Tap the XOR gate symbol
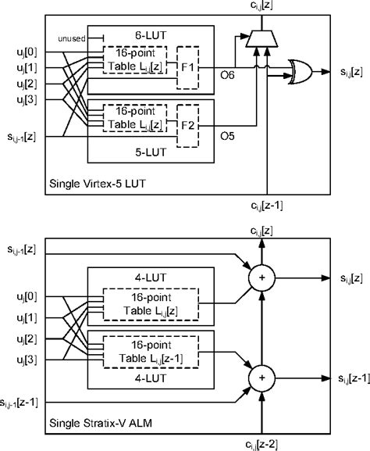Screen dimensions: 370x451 [301, 72]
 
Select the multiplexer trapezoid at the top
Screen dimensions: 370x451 [261, 39]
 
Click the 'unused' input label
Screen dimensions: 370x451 [72, 38]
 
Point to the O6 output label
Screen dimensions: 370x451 [227, 75]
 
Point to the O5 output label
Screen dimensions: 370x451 [227, 136]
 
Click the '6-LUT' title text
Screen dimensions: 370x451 [151, 35]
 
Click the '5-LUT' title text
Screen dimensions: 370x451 [151, 152]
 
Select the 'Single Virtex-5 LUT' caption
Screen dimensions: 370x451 [98, 184]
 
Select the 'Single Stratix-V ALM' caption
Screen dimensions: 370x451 [101, 423]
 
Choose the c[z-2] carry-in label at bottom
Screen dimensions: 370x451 [261, 445]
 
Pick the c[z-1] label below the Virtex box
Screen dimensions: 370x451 [267, 206]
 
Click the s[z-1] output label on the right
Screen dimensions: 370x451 [354, 378]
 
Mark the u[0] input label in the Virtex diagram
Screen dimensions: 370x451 [27, 52]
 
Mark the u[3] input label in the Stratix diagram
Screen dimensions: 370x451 [27, 360]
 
